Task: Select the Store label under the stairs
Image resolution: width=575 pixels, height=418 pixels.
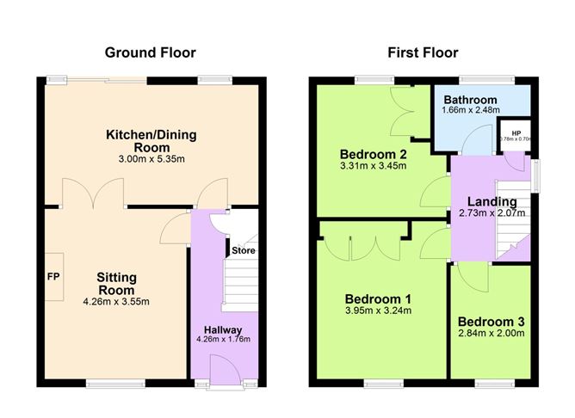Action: tap(242, 251)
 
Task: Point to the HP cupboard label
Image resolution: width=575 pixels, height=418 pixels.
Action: tap(516, 133)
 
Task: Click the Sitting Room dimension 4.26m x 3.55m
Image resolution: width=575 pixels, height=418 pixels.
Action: tap(116, 301)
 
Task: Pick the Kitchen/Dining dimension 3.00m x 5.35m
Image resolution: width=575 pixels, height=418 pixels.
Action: tap(151, 159)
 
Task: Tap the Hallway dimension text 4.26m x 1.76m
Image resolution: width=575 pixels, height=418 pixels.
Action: tap(223, 339)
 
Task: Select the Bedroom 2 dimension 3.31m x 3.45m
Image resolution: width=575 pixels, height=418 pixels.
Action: tap(372, 169)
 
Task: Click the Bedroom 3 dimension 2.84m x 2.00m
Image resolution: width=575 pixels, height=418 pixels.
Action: tap(491, 334)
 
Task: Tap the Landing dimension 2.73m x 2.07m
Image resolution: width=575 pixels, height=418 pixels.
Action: tap(492, 214)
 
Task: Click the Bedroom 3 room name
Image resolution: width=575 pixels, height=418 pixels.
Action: tap(492, 322)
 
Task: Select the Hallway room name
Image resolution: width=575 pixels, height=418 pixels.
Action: tap(223, 329)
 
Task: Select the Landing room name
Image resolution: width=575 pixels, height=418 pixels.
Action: tap(492, 202)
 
